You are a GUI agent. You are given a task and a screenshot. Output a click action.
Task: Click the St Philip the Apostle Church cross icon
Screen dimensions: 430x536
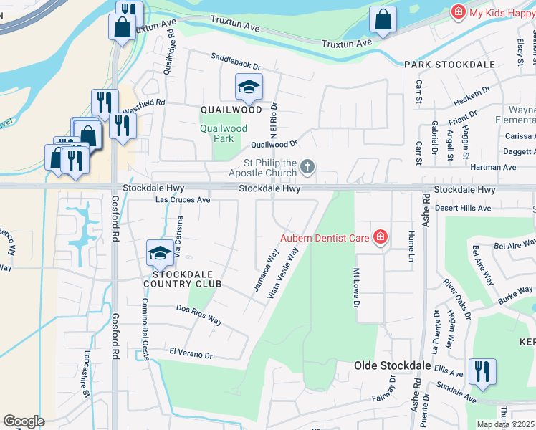tap(307, 168)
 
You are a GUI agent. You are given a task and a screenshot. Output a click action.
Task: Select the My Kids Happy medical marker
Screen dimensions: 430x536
tap(456, 12)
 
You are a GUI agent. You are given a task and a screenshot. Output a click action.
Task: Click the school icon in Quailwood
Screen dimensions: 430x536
tap(249, 87)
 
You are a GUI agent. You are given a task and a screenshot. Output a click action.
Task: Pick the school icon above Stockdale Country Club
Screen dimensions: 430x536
tap(159, 252)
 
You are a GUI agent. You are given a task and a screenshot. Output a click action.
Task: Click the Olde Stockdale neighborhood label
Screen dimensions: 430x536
tap(393, 365)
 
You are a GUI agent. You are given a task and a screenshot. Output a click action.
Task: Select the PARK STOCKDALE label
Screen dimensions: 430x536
tap(450, 64)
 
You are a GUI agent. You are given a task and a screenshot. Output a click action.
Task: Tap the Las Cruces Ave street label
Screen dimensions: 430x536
tap(183, 200)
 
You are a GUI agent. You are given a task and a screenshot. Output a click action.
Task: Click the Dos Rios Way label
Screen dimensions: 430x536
tap(199, 314)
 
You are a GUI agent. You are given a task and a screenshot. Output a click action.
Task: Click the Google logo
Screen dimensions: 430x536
tap(24, 421)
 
